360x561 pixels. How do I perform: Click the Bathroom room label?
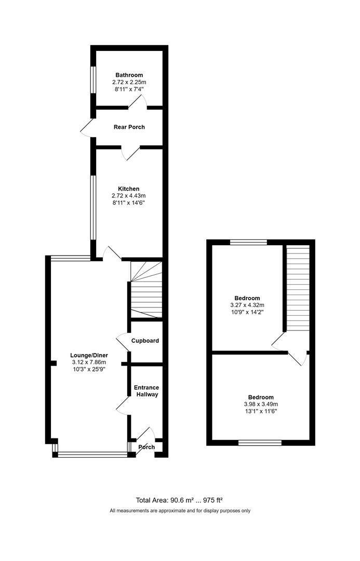(x=129, y=75)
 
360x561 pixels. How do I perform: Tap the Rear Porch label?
(x=129, y=127)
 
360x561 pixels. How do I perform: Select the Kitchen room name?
(x=129, y=189)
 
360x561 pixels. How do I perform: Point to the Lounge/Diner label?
(x=89, y=355)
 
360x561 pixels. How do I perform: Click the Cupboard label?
(x=145, y=341)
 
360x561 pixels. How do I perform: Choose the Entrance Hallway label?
(x=146, y=391)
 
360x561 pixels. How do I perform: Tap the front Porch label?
(x=146, y=447)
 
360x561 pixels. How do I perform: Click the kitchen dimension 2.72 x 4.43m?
(x=129, y=196)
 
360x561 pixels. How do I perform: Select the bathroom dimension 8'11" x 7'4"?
(x=129, y=89)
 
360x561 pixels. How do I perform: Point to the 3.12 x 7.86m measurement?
(x=89, y=362)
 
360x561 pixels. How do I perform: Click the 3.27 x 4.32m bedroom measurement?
(x=247, y=305)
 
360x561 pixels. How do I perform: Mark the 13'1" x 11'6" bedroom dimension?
(x=261, y=411)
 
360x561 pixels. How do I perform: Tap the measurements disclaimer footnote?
(x=180, y=511)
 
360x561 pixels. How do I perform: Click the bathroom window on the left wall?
(x=93, y=80)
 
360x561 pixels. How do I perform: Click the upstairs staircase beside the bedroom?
(x=298, y=288)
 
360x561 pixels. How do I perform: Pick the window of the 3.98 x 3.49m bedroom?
(x=260, y=443)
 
